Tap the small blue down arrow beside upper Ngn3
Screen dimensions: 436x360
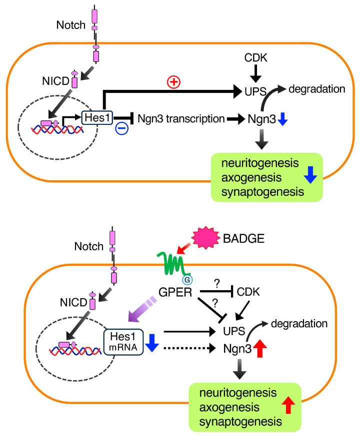click(282, 120)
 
